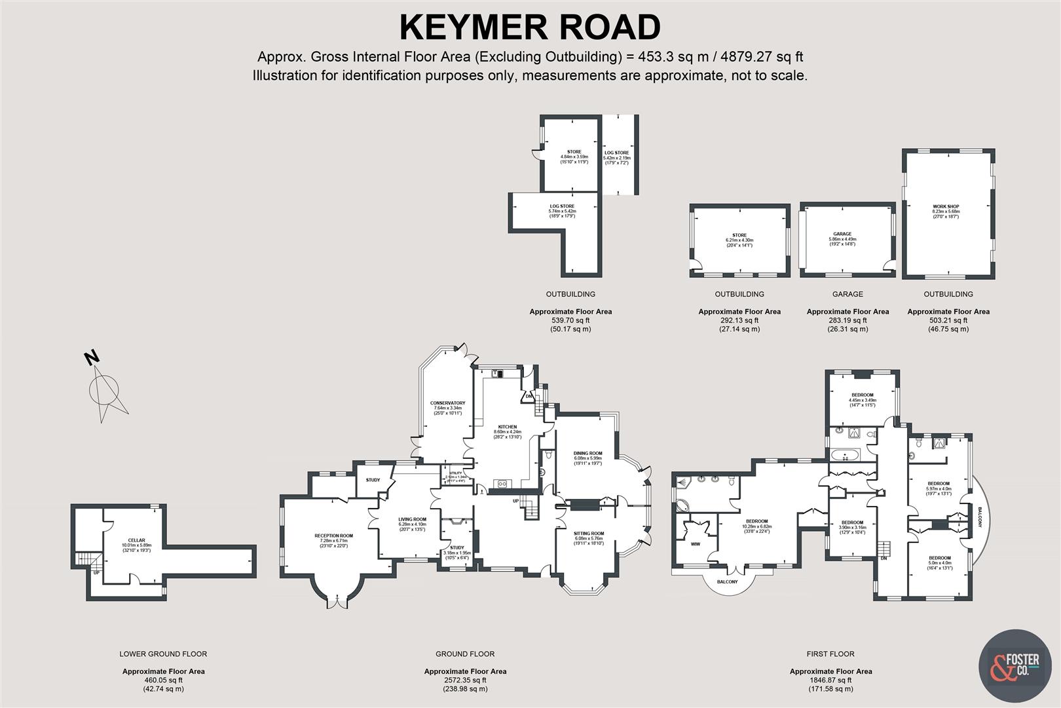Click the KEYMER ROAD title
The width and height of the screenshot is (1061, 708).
(x=530, y=28)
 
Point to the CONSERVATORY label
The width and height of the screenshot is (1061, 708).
(x=447, y=403)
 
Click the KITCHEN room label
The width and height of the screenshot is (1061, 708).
(x=508, y=427)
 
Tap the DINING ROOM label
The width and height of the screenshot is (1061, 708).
(x=587, y=453)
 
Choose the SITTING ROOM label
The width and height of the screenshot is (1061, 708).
(x=589, y=533)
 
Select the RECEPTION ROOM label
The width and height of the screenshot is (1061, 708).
(x=333, y=536)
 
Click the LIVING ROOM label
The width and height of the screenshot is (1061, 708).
(x=412, y=519)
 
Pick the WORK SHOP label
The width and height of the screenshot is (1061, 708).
(x=945, y=206)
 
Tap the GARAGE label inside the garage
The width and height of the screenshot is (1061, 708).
(x=842, y=234)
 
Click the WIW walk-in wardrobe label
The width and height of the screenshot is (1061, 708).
(x=695, y=543)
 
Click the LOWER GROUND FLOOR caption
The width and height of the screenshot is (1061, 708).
(x=163, y=654)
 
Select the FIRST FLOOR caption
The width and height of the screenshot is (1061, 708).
(x=830, y=654)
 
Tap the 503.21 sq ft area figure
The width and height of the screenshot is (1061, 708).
(x=948, y=321)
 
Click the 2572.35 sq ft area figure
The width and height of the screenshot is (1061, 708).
(x=465, y=680)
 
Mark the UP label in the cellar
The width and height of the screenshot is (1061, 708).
(x=97, y=572)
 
